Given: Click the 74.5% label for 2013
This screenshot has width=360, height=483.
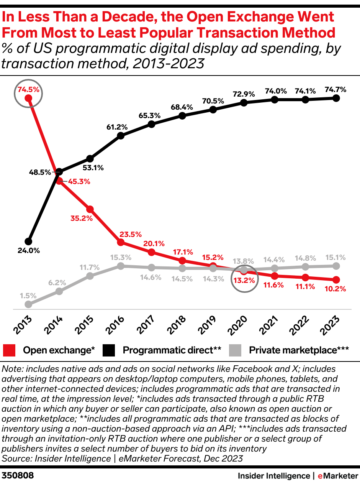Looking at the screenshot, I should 28,90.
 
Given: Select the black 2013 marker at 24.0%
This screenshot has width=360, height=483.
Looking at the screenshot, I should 28,242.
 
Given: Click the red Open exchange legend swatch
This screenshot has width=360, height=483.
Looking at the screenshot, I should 9,350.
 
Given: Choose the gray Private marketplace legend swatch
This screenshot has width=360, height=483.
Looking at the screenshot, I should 235,350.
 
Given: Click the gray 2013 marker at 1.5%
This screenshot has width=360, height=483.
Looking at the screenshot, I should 28,304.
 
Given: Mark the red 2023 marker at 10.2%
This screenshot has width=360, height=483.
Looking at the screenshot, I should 336,280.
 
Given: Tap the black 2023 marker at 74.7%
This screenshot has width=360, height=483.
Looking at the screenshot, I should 336,98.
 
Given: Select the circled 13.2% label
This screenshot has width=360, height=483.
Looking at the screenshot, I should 244,280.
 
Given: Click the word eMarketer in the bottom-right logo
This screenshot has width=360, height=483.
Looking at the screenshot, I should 338,476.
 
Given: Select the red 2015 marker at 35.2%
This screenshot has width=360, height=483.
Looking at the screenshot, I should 90,209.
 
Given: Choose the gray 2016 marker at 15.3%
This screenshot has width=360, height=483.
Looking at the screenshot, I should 121,266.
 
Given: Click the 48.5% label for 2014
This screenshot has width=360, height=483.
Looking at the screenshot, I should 40,172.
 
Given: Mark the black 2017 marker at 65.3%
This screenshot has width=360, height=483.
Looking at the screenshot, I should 151,124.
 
